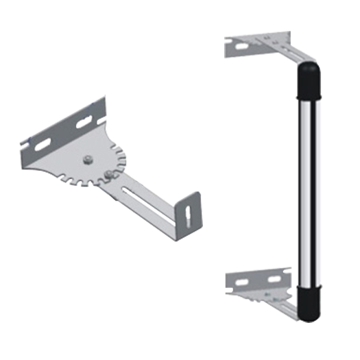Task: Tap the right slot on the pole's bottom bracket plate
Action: (274, 280)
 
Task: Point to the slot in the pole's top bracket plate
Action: (241, 47)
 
